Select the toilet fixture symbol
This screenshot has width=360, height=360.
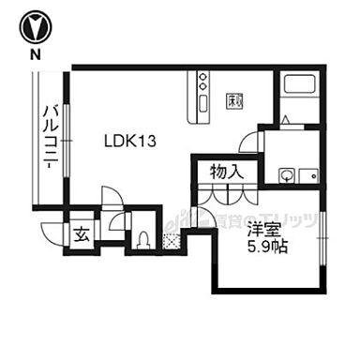pyautogui.click(x=142, y=239)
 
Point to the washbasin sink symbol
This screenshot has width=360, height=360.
pyautogui.click(x=286, y=173)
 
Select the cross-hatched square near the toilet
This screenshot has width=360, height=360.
pyautogui.click(x=171, y=241)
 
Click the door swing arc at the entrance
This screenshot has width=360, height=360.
pyautogui.click(x=110, y=199)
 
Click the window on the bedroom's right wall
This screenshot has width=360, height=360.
pyautogui.click(x=324, y=242)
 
